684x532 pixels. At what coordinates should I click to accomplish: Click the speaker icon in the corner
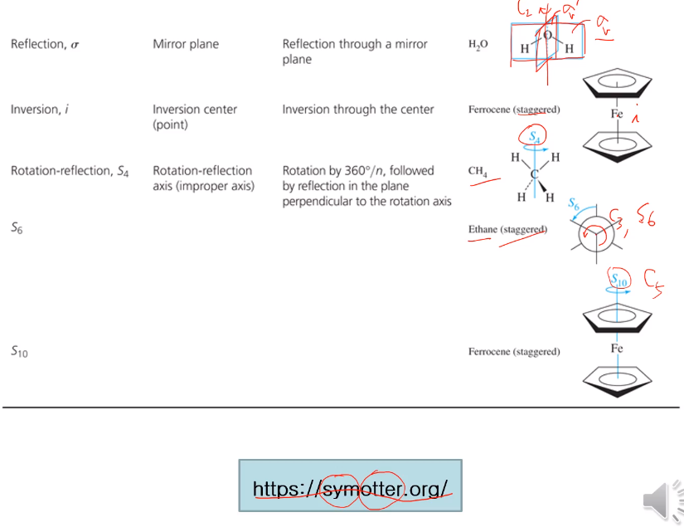(663, 500)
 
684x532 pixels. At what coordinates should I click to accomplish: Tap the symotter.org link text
(350, 489)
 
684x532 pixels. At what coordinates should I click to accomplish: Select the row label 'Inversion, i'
(38, 109)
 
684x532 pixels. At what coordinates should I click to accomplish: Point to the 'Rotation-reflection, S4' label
(70, 171)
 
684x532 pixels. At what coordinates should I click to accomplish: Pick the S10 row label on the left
(19, 352)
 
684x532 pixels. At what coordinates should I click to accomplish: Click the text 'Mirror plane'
(186, 44)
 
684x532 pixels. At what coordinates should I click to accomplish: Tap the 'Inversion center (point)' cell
(195, 116)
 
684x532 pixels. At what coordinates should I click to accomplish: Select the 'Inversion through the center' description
(358, 109)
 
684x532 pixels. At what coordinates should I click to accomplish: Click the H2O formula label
(478, 45)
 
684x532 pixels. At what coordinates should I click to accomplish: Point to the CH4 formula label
(478, 171)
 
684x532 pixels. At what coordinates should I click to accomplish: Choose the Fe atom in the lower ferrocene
(617, 349)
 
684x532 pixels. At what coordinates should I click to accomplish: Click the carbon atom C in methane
(535, 173)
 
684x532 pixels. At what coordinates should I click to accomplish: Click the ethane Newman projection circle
(597, 235)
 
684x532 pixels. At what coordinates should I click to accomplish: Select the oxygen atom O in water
(548, 36)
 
